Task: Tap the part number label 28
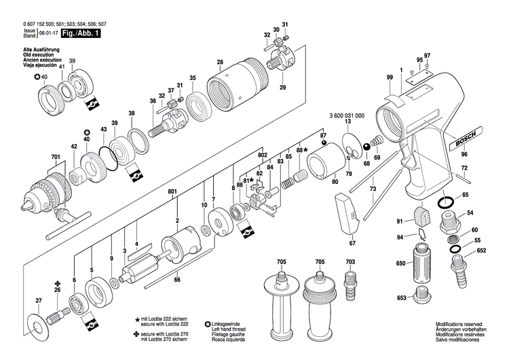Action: [219, 62]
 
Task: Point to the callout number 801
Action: [172, 192]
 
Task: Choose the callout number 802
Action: [243, 155]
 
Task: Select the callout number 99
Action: [390, 79]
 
